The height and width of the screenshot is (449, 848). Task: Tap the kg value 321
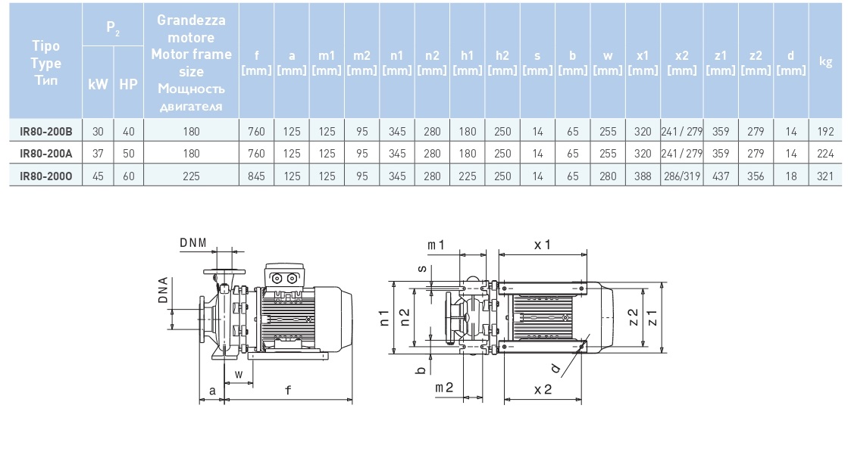pos(827,175)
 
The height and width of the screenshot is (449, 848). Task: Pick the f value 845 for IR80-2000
pos(256,175)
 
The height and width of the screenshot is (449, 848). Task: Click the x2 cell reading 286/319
pos(682,175)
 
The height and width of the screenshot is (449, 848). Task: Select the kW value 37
pos(98,153)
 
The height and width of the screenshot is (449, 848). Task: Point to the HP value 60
pos(128,175)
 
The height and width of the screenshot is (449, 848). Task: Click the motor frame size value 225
pos(191,175)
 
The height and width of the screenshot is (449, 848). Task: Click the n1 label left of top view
pos(385,317)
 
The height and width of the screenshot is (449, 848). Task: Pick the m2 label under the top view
pos(444,388)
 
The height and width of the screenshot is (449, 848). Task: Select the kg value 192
pos(827,131)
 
